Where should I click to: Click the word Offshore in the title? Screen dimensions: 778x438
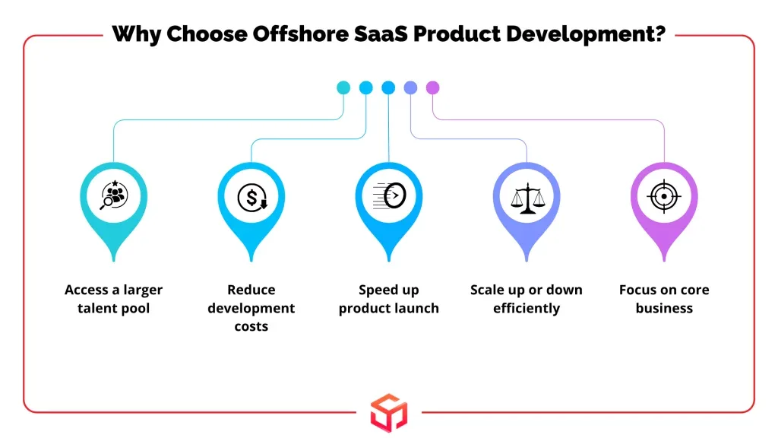coord(300,34)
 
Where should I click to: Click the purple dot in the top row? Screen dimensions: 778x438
coord(432,88)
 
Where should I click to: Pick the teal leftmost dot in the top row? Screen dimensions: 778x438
coord(343,88)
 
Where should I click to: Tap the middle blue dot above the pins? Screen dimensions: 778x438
coord(388,88)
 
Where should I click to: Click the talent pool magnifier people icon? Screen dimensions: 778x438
coord(114,195)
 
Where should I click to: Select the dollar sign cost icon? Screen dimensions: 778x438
coord(251,197)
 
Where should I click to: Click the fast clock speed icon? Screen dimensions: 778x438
coord(389,195)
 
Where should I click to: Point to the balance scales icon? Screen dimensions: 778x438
coord(527,198)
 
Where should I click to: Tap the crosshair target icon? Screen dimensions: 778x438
coord(664,196)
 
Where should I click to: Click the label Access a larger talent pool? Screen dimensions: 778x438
coord(114,299)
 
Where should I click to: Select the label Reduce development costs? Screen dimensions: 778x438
coord(251,308)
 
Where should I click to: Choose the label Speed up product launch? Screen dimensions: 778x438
coord(389,299)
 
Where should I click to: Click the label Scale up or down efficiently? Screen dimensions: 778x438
coord(527,299)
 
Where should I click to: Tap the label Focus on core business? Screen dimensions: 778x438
coord(664,299)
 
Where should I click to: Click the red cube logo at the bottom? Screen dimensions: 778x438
coord(389,413)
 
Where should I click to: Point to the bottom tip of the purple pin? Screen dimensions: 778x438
coord(664,261)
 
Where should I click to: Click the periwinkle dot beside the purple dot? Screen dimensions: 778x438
coord(410,88)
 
